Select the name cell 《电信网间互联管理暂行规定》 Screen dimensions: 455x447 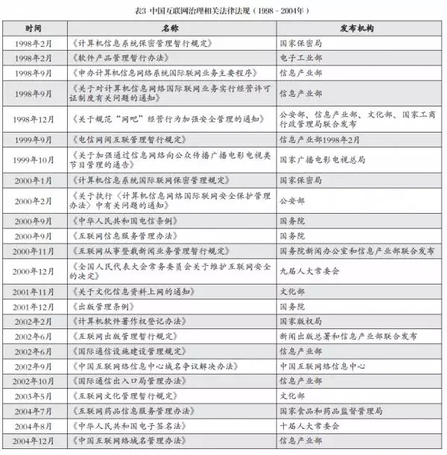click(120, 139)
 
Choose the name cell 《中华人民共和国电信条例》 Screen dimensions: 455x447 click(120, 220)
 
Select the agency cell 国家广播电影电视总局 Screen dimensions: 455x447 click(320, 159)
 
